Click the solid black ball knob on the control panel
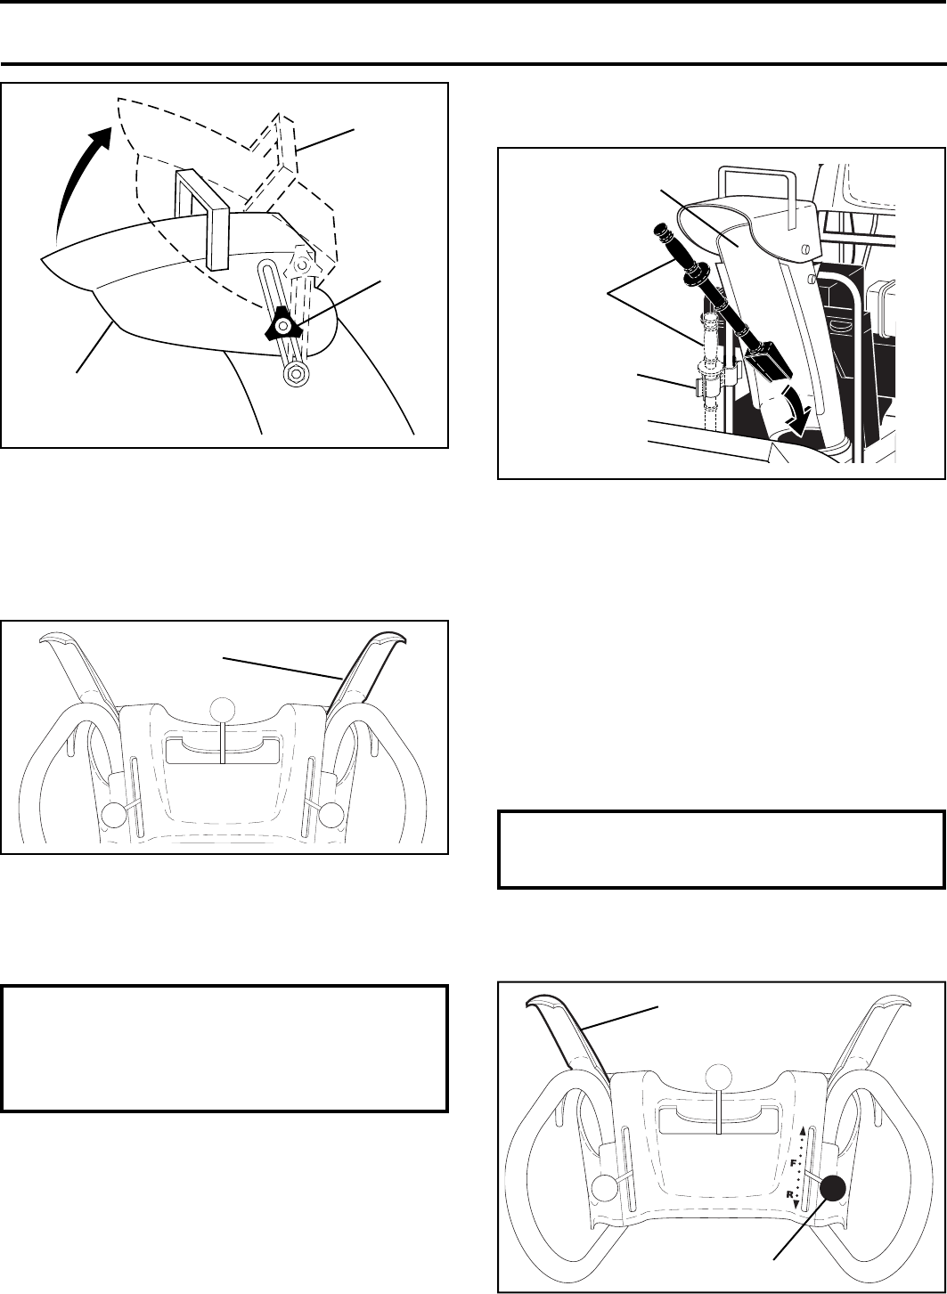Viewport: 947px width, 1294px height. (x=834, y=1187)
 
